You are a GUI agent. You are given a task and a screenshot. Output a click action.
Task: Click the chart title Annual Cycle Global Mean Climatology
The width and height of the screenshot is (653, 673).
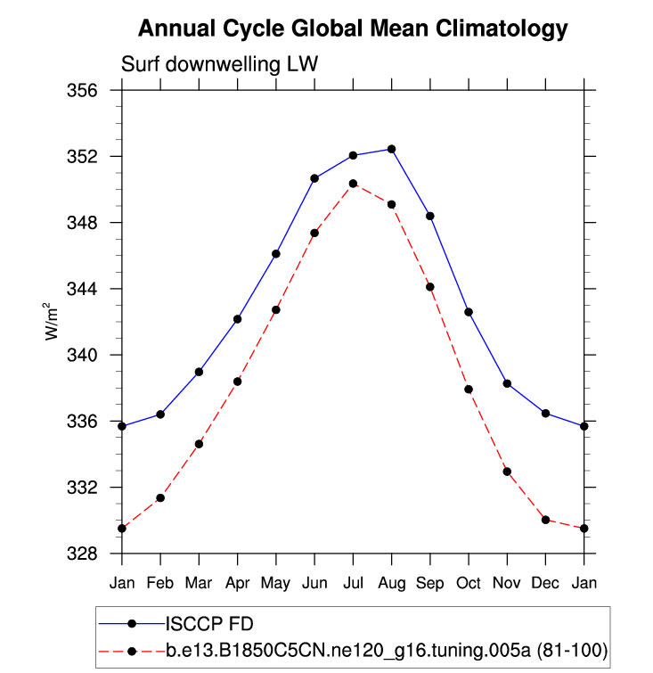click(x=352, y=29)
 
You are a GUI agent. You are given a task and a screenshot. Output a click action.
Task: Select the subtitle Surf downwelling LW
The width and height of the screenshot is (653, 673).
click(x=219, y=65)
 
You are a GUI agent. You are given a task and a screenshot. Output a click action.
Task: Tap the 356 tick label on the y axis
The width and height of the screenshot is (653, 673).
click(x=91, y=91)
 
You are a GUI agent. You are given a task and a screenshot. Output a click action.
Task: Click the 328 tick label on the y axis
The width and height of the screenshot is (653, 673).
click(x=91, y=554)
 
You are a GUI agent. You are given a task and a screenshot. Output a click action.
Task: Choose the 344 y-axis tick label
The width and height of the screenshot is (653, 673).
click(x=91, y=289)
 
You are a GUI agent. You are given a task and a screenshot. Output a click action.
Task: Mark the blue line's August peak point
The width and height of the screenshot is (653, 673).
click(x=391, y=149)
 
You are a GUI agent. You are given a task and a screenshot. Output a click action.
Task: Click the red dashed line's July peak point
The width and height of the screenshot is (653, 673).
click(x=353, y=184)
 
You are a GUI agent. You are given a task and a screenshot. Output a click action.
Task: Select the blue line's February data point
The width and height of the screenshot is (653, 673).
click(x=160, y=414)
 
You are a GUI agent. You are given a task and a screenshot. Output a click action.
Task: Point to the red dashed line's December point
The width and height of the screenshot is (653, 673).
click(x=545, y=520)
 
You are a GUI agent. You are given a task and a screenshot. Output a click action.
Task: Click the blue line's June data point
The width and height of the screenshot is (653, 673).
click(x=314, y=178)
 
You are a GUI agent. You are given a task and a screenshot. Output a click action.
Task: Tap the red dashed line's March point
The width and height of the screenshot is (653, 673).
click(x=199, y=444)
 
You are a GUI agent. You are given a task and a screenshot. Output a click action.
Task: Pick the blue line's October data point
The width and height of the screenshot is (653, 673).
click(x=469, y=312)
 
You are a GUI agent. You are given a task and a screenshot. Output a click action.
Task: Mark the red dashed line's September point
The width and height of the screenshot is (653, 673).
click(x=430, y=287)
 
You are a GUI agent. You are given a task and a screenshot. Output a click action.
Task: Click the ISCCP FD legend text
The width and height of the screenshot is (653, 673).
click(x=203, y=622)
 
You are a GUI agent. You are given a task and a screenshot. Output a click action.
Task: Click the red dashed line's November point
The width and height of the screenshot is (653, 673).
click(x=507, y=472)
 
